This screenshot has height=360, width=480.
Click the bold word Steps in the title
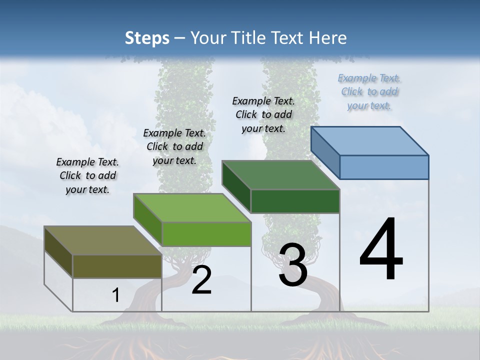pos(147,38)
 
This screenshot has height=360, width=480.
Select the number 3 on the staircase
pos(293,265)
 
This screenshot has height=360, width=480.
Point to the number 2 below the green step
pos(201,280)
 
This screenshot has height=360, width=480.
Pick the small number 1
pos(116,295)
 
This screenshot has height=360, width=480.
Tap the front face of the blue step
pos(384,167)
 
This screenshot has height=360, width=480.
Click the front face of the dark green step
pos(295,201)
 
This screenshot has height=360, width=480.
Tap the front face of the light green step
pos(206,234)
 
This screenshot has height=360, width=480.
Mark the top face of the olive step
pos(102,240)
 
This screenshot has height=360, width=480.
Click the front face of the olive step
pos(117,266)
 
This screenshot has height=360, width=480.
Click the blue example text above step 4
pos(369,91)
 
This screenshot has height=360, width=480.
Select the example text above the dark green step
pos(263,114)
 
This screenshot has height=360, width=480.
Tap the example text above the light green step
pos(174,146)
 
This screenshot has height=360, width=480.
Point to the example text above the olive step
pos(87,175)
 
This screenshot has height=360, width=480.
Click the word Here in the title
pos(328,38)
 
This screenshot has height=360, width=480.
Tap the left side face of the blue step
pos(325,152)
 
